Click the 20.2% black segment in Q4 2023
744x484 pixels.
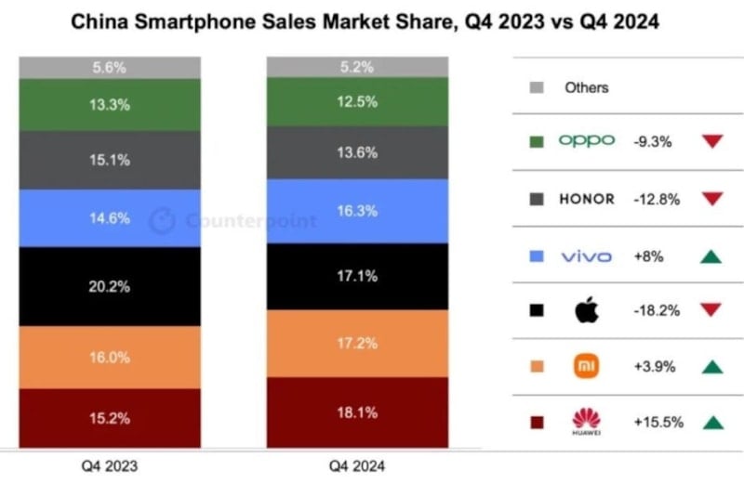coord(111,286)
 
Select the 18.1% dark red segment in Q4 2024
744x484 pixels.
coord(358,412)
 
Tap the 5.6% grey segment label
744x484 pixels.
coord(111,68)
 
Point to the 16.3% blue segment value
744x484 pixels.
coord(358,211)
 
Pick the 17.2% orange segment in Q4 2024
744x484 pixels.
coord(358,343)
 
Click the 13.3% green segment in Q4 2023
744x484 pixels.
coord(111,105)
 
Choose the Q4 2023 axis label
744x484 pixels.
coord(111,464)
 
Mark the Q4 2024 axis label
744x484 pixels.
coord(358,464)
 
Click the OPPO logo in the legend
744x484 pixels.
coord(586,140)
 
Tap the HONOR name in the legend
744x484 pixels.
coord(586,198)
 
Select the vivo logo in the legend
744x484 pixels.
coord(586,255)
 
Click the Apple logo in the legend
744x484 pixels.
coord(587,310)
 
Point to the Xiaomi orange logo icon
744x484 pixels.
coord(587,366)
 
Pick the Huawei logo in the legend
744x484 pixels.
coord(587,423)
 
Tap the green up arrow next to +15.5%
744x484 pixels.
coord(712,423)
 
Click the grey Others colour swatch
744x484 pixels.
coord(536,87)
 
